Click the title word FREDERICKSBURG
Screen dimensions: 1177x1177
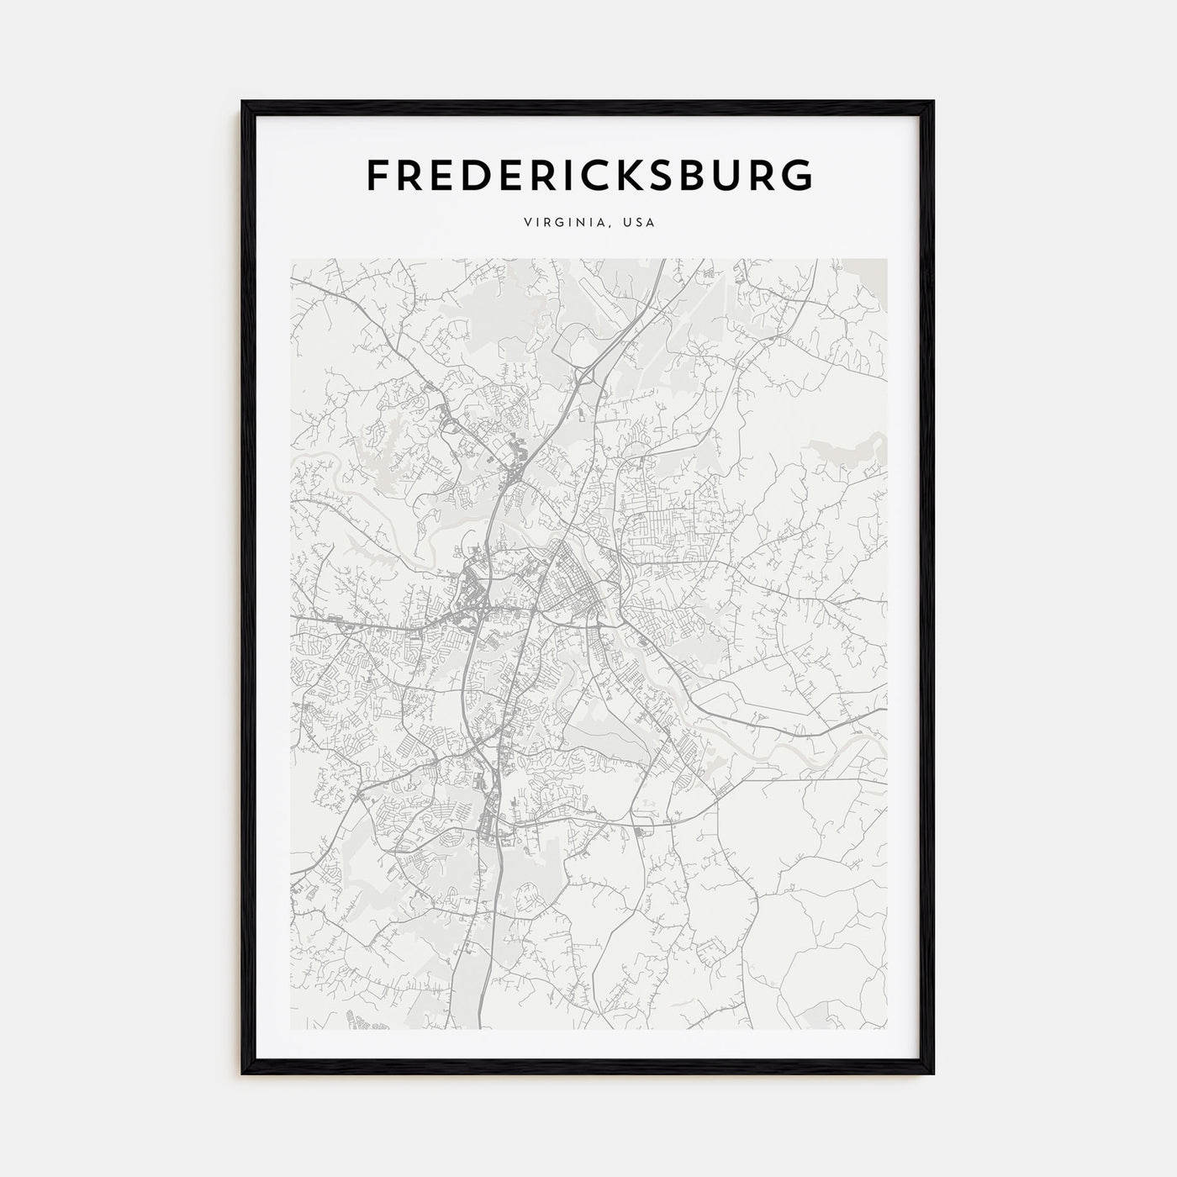click(589, 175)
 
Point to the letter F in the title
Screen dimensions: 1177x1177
click(377, 175)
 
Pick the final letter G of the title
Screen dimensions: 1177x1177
click(797, 175)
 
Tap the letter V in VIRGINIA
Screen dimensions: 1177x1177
click(526, 223)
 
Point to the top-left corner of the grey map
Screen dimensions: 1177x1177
click(292, 260)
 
